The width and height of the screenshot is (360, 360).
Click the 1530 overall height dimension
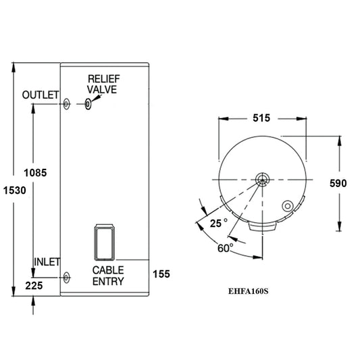pyautogui.click(x=14, y=190)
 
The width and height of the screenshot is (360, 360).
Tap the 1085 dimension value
pyautogui.click(x=34, y=172)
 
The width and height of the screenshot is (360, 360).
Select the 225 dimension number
pyautogui.click(x=33, y=286)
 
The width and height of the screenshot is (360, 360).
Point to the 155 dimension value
pyautogui.click(x=161, y=274)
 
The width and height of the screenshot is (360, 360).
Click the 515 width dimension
pyautogui.click(x=261, y=118)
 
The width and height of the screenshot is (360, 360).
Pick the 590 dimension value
pyautogui.click(x=340, y=183)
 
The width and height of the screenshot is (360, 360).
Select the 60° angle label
pyautogui.click(x=226, y=247)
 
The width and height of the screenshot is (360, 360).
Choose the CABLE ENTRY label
pyautogui.click(x=108, y=276)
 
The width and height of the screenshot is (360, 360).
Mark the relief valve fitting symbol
pyautogui.click(x=88, y=104)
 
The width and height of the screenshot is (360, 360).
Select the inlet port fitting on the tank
pyautogui.click(x=66, y=278)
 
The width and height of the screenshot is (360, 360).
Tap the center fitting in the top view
pyautogui.click(x=262, y=180)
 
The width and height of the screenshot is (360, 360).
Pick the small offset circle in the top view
pyautogui.click(x=287, y=205)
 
